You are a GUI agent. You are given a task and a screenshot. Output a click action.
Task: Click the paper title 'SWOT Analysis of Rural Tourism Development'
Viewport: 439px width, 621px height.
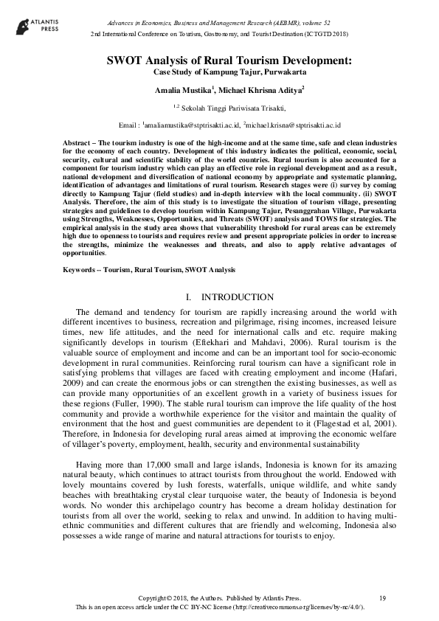tap(219, 61)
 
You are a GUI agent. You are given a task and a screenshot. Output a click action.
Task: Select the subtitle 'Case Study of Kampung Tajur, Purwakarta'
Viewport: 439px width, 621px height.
tap(219, 73)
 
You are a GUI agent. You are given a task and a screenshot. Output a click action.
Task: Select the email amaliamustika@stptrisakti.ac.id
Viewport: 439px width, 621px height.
tap(195, 125)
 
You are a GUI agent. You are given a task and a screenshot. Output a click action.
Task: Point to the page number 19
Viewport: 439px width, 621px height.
tap(382, 597)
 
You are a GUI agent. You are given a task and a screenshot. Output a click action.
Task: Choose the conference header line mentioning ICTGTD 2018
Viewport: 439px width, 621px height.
tap(219, 35)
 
